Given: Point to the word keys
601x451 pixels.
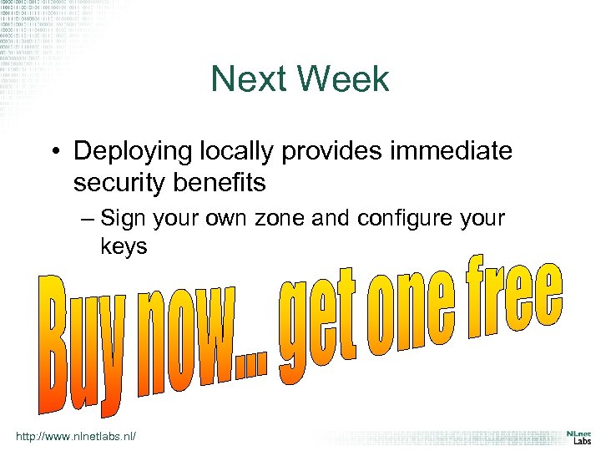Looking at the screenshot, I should point(123,247).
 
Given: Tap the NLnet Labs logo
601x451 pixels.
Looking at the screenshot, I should point(575,438).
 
